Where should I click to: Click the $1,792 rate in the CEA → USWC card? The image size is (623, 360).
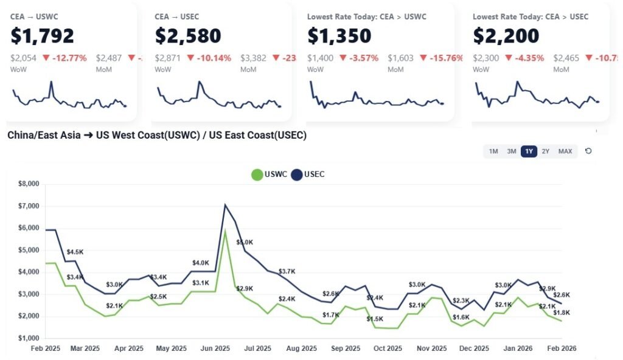[42, 36]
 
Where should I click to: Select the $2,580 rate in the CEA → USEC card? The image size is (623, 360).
[188, 36]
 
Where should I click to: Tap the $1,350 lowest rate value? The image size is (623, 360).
[339, 36]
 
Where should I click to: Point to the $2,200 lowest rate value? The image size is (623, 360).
[506, 36]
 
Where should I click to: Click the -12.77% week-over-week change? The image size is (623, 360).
[64, 58]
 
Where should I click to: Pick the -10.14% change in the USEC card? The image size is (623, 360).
[210, 58]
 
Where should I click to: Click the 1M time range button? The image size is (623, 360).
[493, 151]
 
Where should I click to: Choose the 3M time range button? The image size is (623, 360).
[512, 151]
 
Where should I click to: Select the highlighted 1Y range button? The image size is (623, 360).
[529, 151]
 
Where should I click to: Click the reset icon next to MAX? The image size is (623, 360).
[588, 151]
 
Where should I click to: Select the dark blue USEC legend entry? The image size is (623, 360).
[308, 175]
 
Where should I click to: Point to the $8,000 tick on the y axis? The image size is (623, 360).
[29, 184]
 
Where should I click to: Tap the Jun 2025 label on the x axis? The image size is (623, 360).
[215, 348]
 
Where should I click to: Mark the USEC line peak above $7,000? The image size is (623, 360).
[225, 204]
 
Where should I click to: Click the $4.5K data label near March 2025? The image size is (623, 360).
[75, 252]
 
